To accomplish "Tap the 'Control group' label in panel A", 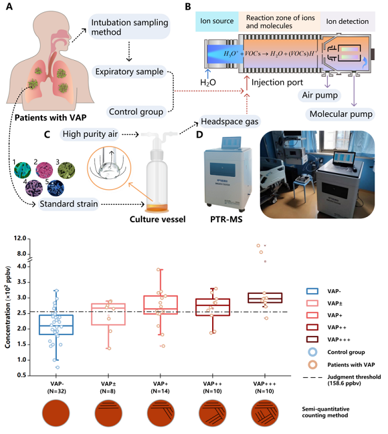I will click(x=135, y=110).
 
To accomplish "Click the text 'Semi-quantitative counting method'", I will click(x=336, y=413).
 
